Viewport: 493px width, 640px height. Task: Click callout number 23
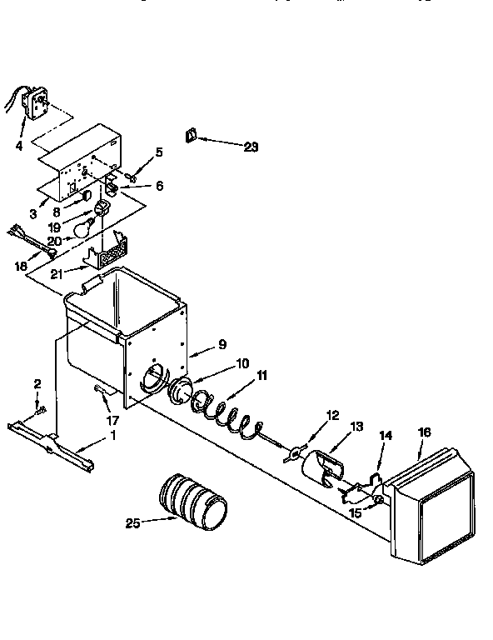tap(251, 147)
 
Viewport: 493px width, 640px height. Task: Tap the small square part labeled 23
tap(191, 134)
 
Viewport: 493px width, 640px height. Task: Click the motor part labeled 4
tap(34, 102)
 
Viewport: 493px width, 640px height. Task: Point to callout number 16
tap(425, 432)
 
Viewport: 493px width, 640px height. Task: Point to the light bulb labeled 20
tap(82, 227)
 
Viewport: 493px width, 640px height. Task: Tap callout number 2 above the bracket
tap(37, 383)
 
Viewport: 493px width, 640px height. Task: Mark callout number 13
tap(356, 427)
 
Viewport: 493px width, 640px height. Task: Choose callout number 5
tap(160, 152)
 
